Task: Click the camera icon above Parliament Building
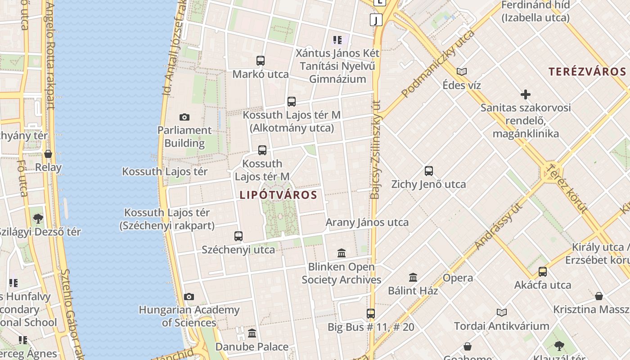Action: tap(184, 117)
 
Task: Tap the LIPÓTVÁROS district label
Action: tap(279, 195)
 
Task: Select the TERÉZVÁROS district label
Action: tap(587, 72)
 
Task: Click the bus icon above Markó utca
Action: tap(261, 61)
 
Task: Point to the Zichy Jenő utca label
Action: tap(428, 184)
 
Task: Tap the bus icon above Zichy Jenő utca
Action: tap(429, 171)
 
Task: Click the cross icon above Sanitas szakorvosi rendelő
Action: tap(525, 94)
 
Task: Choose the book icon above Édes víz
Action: tap(462, 72)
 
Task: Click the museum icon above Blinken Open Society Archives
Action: tap(342, 253)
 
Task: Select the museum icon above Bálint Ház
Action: tap(413, 277)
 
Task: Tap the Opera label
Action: tap(458, 278)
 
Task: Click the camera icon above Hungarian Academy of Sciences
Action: tap(189, 297)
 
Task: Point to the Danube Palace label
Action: tap(252, 346)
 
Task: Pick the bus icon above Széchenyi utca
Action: tap(238, 236)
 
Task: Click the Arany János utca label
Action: tap(367, 222)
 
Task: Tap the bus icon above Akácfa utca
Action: tap(543, 272)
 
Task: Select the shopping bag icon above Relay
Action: tap(48, 154)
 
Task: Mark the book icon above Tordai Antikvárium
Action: tap(502, 312)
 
